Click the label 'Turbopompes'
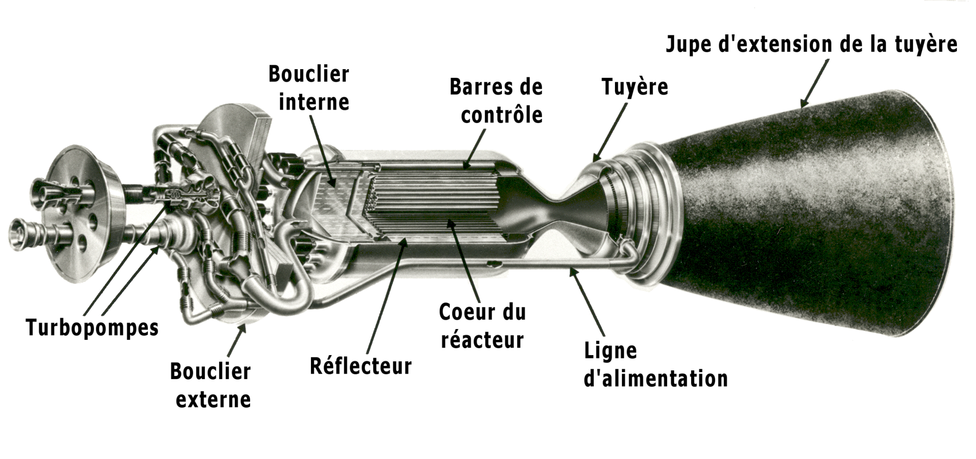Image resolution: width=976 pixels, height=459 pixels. click(92, 328)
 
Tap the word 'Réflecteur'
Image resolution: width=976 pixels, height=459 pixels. click(360, 365)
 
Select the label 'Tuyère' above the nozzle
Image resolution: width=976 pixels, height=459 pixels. click(635, 87)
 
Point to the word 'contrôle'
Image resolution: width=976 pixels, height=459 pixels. click(501, 115)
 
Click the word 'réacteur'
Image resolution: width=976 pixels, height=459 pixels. click(482, 340)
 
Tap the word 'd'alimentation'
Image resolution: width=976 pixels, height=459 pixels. click(655, 379)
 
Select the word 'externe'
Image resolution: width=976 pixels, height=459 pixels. click(213, 400)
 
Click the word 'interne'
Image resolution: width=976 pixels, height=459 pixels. click(314, 102)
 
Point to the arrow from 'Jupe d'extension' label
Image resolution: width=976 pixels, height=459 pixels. click(814, 82)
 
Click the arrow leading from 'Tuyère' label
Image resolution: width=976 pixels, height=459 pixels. click(610, 131)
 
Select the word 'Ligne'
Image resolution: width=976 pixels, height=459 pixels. click(610, 351)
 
